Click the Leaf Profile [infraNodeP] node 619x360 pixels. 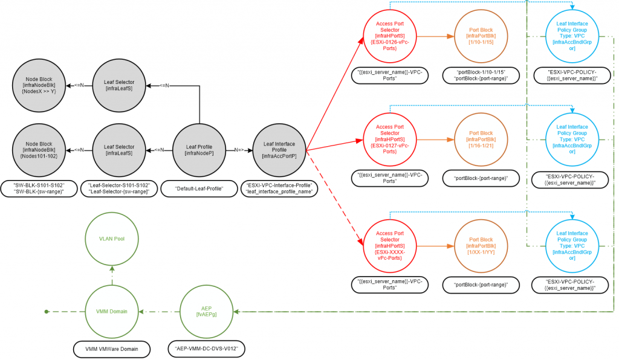pyautogui.click(x=199, y=150)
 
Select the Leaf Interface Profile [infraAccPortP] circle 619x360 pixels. pyautogui.click(x=279, y=150)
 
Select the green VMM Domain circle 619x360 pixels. pyautogui.click(x=112, y=311)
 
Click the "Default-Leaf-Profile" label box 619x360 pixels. pyautogui.click(x=199, y=189)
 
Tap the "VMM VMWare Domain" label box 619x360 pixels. pyautogui.click(x=111, y=349)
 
